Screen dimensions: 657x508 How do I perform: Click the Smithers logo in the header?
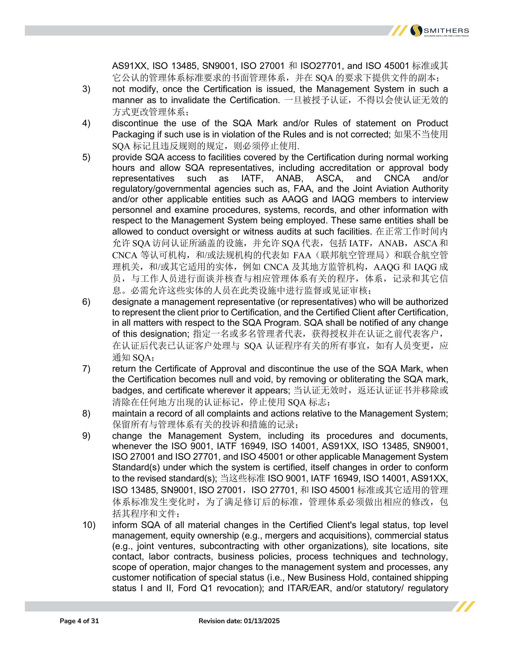(439, 31)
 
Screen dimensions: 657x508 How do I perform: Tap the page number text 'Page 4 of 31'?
(79, 621)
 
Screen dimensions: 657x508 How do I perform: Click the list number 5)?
(86, 157)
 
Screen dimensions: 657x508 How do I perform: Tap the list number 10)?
(89, 525)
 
